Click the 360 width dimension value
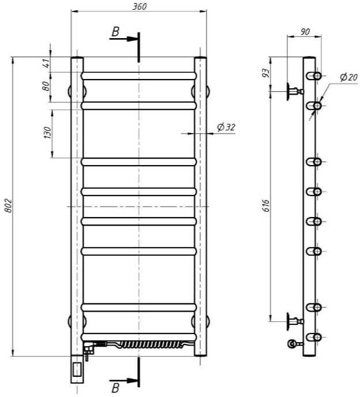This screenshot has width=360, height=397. [140, 6]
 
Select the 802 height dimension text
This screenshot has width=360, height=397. [8, 205]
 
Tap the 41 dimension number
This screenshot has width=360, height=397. [46, 63]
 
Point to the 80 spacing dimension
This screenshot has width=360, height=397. [46, 86]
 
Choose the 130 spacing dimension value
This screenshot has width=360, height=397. [47, 132]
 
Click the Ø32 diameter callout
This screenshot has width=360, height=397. [226, 127]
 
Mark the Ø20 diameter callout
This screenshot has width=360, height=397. [348, 77]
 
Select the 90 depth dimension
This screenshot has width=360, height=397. [305, 32]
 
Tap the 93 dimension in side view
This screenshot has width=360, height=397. [265, 73]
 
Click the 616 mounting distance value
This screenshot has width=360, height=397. [266, 205]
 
